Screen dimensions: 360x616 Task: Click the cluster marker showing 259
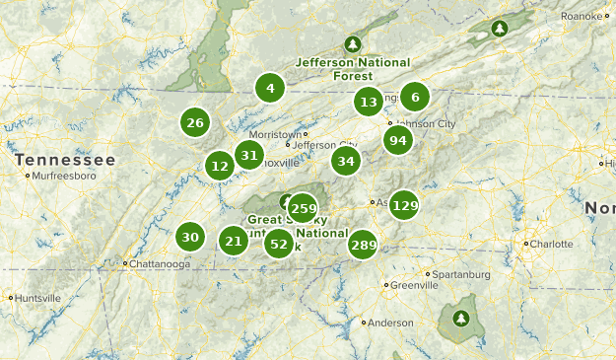pos(304,208)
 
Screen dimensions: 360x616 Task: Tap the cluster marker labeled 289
pos(363,245)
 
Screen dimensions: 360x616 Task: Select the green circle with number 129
pos(404,205)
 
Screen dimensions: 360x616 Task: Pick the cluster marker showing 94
pos(397,140)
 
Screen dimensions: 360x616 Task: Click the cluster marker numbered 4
pos(269,89)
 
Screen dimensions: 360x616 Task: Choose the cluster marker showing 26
pos(195,122)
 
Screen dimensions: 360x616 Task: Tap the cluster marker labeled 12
pos(220,166)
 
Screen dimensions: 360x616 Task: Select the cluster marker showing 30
pos(190,237)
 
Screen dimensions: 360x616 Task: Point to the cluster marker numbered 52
pos(279,244)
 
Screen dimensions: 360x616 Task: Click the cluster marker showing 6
pos(415,97)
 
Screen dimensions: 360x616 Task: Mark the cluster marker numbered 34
pos(346,161)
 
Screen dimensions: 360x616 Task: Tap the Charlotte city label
pos(552,244)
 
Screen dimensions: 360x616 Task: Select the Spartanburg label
pos(457,274)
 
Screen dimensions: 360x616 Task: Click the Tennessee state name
pos(65,159)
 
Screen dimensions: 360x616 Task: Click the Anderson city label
pos(390,322)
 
